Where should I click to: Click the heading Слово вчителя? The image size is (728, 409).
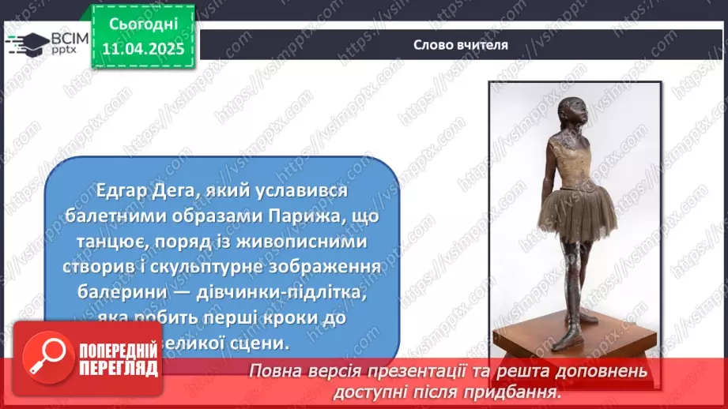[460, 44]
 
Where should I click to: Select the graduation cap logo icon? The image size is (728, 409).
[25, 44]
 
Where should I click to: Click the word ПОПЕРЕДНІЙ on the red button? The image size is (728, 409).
[119, 352]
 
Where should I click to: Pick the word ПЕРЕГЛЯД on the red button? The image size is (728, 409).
[119, 370]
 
